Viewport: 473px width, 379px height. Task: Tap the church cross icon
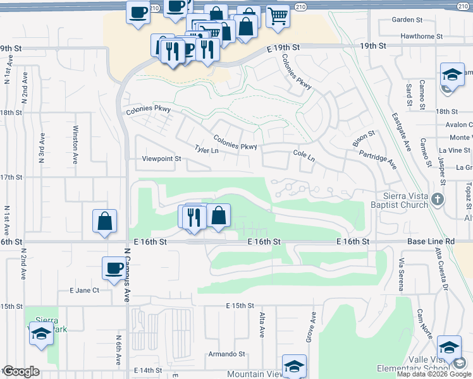437,201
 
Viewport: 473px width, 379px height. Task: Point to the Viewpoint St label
162,159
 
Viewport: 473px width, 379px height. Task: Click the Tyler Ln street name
207,150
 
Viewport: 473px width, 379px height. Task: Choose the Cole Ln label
304,155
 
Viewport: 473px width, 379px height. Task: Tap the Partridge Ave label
378,159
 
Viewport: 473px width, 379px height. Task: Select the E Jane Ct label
85,291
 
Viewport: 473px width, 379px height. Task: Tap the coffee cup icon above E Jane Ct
114,268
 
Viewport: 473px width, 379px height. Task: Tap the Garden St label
407,20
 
